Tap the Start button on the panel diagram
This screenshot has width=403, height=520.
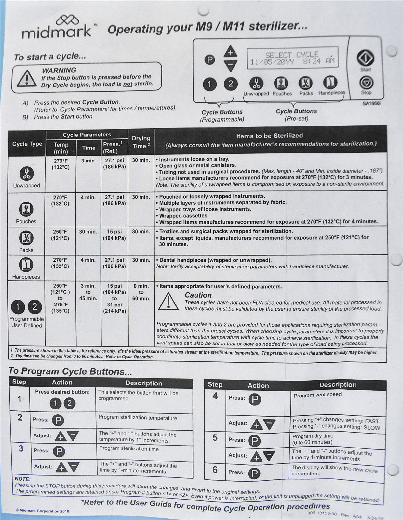tap(366, 58)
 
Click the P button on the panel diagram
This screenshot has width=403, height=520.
tap(210, 60)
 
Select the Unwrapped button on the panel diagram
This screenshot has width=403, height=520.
tap(256, 83)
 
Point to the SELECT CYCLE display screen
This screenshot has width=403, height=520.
tap(292, 58)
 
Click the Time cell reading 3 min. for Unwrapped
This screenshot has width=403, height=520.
tap(88, 161)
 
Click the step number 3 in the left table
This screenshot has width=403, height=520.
tap(21, 449)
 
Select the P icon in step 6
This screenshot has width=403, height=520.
tap(254, 473)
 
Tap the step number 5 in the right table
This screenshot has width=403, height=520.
tap(215, 438)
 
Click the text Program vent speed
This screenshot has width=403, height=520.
tap(317, 395)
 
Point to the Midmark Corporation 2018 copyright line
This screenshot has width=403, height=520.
tap(43, 511)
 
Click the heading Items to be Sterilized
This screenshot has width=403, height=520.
tap(269, 136)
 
